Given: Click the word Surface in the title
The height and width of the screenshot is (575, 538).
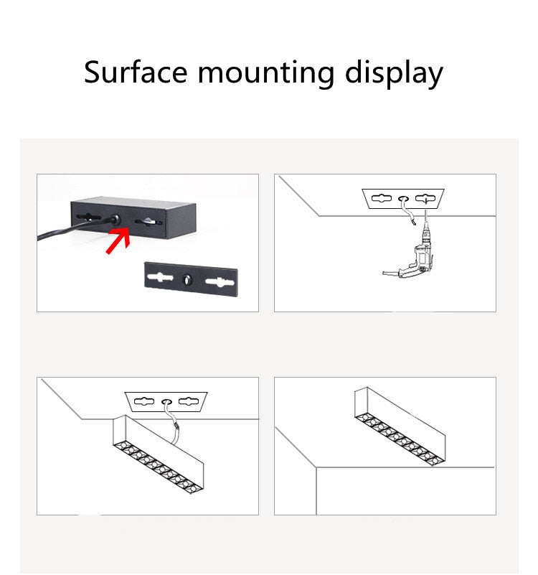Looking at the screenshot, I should [135, 73].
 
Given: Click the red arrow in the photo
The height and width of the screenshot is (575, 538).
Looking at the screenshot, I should [118, 239].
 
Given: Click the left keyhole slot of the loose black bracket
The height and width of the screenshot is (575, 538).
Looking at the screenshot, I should [159, 277].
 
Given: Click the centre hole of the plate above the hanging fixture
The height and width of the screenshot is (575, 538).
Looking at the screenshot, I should [166, 401].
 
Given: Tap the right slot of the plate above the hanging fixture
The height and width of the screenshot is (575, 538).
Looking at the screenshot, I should [191, 401].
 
